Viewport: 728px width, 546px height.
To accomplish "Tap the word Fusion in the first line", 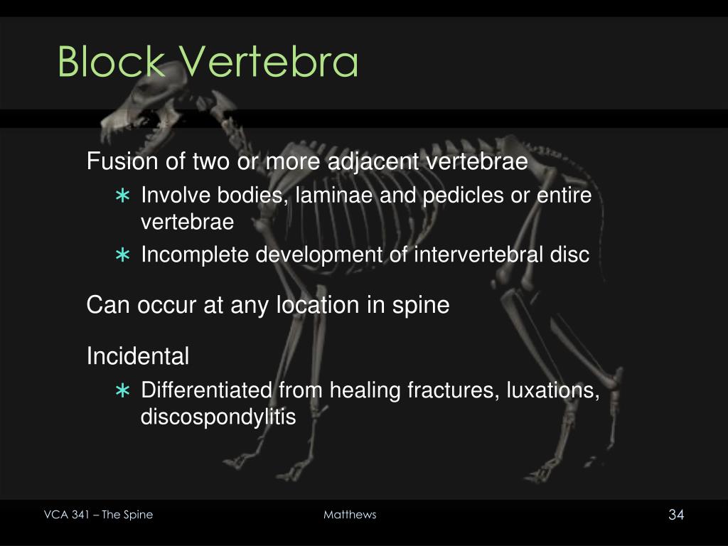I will point(122,162).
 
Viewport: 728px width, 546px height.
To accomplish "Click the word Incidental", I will point(138,356).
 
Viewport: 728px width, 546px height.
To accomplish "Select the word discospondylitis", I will point(218,417).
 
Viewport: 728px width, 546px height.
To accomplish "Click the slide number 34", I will point(675,515).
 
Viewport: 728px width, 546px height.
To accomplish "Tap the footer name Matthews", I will point(350,515).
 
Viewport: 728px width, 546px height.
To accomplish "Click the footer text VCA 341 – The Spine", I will point(97,515).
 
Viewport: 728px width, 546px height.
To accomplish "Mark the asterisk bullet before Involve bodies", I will point(123,196).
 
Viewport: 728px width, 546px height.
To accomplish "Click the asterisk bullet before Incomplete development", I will point(123,255).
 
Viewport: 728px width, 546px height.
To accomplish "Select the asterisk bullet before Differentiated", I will point(123,391).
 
